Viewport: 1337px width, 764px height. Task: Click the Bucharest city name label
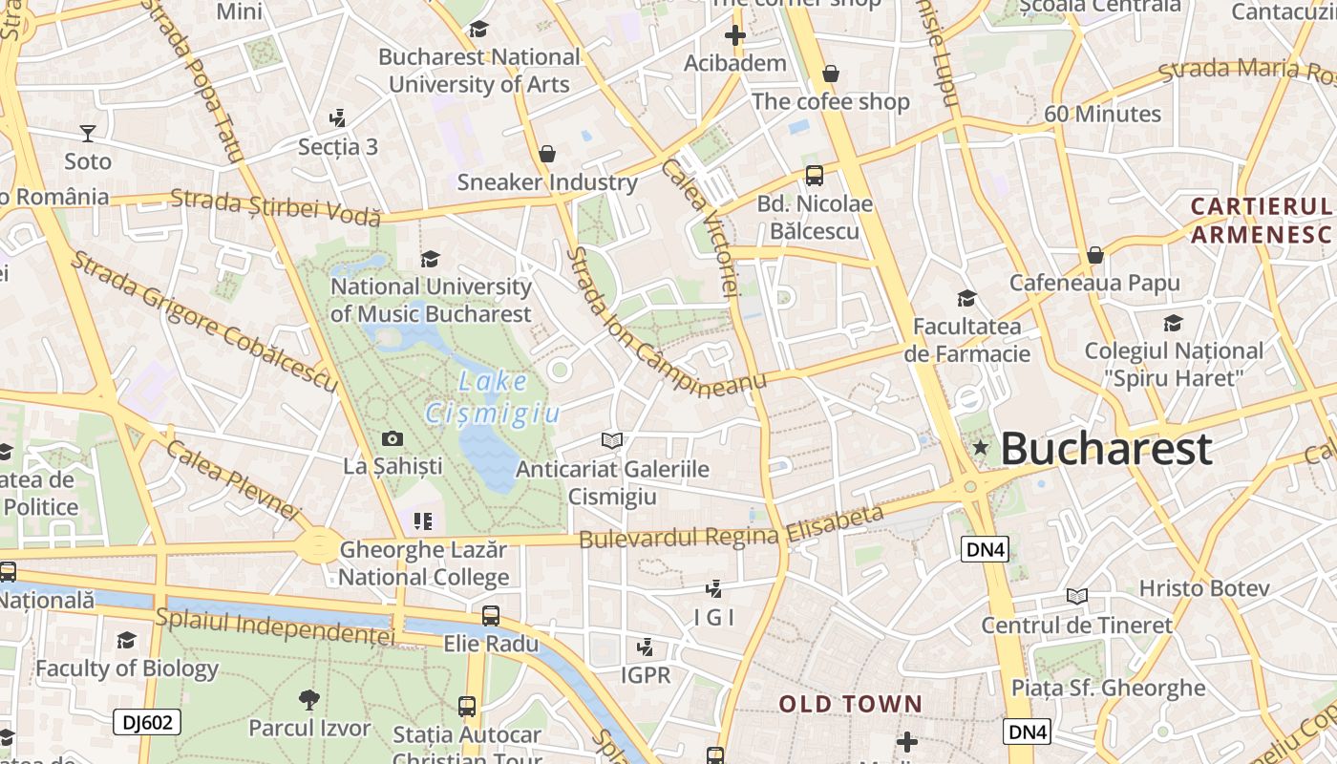coord(1106,449)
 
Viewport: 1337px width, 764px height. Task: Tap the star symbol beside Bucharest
coord(980,447)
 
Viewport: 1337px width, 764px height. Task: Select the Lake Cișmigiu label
coord(492,397)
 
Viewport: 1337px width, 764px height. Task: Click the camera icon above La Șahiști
coord(392,439)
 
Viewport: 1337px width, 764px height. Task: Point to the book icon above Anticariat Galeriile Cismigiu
coord(612,440)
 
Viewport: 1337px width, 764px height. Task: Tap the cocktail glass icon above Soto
coord(88,133)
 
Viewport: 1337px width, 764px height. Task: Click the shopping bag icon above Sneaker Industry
coord(547,154)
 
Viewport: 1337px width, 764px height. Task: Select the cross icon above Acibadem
coord(734,36)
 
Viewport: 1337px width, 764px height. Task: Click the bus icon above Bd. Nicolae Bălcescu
coord(815,176)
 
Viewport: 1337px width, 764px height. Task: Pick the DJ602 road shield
coord(147,722)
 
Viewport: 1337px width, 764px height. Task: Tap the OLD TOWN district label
coord(851,705)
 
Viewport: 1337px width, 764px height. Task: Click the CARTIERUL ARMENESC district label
coord(1261,220)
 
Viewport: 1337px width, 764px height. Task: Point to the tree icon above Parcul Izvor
coord(308,700)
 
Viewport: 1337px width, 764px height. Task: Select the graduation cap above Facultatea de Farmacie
coord(966,299)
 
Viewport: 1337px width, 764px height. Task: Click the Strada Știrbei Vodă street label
coord(275,207)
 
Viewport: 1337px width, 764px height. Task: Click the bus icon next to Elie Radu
coord(491,616)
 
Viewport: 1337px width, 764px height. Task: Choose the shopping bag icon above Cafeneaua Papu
coord(1095,255)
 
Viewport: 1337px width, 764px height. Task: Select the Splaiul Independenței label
coord(275,626)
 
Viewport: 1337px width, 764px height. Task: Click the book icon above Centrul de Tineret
coord(1077,597)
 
